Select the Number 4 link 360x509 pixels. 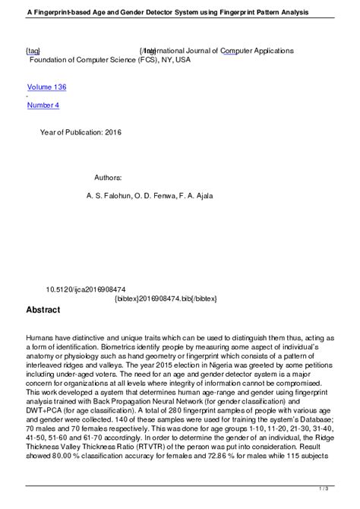[43, 105]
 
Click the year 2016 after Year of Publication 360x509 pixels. [113, 132]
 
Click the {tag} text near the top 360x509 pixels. [33, 50]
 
